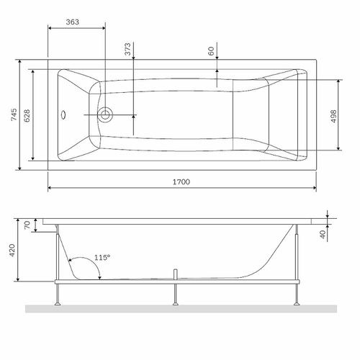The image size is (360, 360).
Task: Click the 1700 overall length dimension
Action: click(181, 182)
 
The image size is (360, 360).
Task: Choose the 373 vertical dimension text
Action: click(127, 50)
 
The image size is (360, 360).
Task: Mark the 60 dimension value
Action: click(211, 53)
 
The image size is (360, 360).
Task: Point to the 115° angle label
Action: click(102, 257)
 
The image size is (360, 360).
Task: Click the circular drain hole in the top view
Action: click(107, 114)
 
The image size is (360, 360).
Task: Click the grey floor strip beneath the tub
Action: click(180, 308)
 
